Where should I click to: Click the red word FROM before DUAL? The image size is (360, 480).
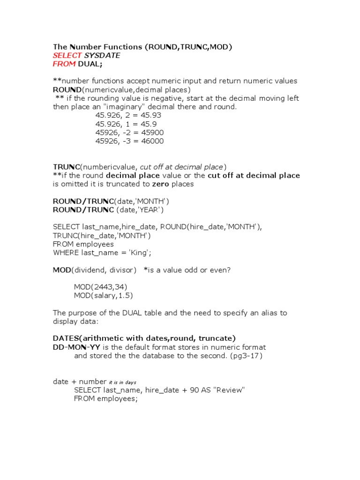click(64, 64)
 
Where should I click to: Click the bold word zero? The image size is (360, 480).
click(160, 184)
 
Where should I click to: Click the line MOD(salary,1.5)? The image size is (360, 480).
click(104, 295)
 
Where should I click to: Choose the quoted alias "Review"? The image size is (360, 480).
click(229, 390)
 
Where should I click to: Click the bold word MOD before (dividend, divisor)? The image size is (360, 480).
click(62, 270)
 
